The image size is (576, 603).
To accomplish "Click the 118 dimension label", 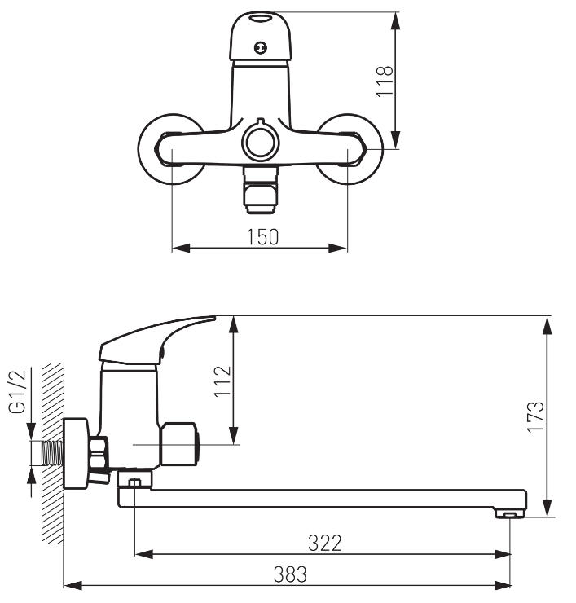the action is (385, 81).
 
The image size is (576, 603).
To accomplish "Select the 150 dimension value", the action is (262, 237).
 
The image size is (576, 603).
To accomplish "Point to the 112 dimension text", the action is (222, 381).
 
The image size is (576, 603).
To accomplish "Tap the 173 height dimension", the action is (535, 417).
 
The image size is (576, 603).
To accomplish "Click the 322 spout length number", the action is (325, 543).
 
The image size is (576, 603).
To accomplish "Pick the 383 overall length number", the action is (290, 574).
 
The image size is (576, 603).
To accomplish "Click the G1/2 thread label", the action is (18, 391).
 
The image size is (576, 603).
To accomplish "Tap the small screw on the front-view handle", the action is (261, 48).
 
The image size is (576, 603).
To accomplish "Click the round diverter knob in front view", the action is (261, 141).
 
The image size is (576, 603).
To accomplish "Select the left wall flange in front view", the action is (171, 149).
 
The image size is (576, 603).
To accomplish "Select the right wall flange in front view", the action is (350, 149).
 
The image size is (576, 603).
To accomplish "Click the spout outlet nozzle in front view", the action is (261, 190).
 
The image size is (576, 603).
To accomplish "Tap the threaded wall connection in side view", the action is (52, 453).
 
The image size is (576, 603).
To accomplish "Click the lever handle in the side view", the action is (157, 340).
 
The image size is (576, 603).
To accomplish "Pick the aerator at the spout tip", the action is (510, 513).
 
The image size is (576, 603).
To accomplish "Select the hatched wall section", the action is (53, 452).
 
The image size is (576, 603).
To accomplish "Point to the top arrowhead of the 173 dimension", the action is (547, 327).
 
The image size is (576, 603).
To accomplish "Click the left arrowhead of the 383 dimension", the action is (73, 586).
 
